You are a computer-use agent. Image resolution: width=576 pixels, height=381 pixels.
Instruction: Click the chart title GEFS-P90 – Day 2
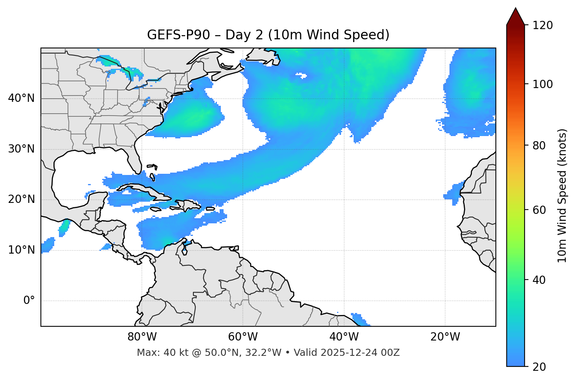click(268, 35)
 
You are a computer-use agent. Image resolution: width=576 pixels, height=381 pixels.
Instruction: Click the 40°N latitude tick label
click(21, 98)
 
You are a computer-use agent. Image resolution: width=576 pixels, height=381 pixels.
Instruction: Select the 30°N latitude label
click(21, 149)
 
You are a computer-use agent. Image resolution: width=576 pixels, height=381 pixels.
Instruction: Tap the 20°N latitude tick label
click(21, 199)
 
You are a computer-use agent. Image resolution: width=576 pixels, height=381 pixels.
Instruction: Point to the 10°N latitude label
click(21, 250)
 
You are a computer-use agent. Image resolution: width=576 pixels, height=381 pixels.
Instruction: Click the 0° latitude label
click(29, 301)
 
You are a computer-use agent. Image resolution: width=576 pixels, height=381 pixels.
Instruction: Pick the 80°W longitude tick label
click(142, 337)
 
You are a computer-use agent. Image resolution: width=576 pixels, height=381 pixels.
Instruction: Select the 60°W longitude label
click(243, 337)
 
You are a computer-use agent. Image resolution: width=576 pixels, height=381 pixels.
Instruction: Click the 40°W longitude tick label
click(344, 337)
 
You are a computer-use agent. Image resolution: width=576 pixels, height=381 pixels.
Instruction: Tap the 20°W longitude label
click(445, 337)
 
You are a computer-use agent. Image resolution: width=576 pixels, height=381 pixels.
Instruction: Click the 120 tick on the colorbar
click(542, 26)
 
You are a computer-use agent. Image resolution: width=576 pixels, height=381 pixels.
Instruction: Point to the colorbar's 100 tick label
click(542, 84)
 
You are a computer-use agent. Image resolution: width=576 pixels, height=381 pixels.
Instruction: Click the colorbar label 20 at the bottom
click(538, 367)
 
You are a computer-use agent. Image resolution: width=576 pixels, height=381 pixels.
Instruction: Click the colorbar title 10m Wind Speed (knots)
click(562, 195)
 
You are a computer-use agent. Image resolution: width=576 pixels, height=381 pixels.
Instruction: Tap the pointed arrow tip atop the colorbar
click(515, 9)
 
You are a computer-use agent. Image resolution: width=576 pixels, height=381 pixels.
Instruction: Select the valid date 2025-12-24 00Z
click(360, 353)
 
